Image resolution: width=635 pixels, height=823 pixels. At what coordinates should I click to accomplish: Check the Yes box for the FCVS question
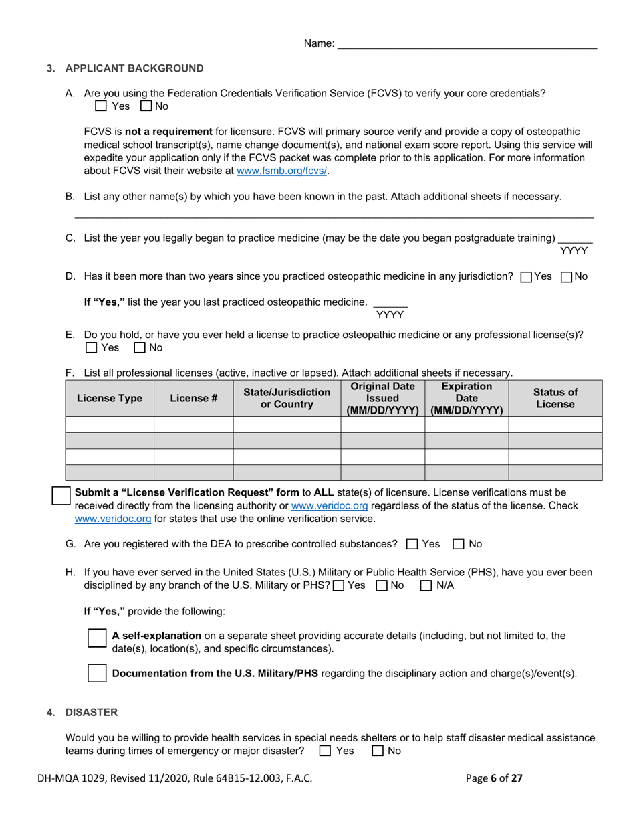click(x=101, y=106)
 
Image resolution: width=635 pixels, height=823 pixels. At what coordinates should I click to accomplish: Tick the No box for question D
click(x=566, y=277)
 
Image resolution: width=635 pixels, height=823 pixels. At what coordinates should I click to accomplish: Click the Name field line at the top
click(x=467, y=44)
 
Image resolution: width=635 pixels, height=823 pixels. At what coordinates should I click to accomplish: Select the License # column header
click(x=193, y=398)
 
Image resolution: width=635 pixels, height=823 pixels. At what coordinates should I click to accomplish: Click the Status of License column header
click(x=555, y=398)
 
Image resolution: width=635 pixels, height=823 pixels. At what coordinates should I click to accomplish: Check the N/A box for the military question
click(x=426, y=586)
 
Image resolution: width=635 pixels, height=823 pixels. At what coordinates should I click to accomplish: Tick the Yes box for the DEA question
click(x=412, y=545)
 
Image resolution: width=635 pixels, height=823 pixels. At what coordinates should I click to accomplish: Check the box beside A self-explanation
click(x=97, y=638)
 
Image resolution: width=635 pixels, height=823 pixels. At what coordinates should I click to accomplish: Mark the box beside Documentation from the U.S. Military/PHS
click(x=97, y=673)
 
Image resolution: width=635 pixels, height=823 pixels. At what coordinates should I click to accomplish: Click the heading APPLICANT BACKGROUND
click(x=134, y=68)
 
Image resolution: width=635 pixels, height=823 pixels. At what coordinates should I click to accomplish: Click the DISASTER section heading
click(x=91, y=712)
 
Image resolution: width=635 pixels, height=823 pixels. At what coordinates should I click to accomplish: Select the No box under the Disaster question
click(x=378, y=751)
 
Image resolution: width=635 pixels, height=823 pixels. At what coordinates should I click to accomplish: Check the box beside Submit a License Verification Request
click(x=61, y=496)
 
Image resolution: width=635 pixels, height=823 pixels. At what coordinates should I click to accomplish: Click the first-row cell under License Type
click(x=110, y=424)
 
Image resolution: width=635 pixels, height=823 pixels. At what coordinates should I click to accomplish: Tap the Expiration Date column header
click(x=466, y=398)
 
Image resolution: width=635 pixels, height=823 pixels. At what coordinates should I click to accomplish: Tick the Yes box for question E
click(x=92, y=348)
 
